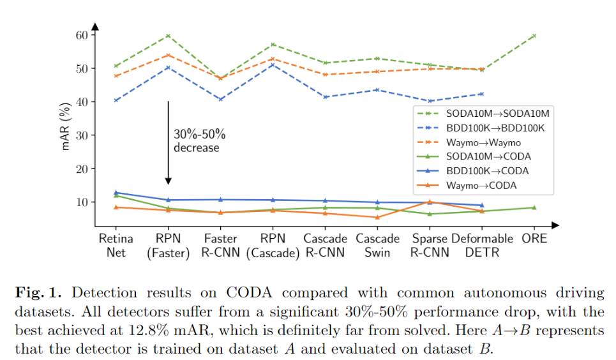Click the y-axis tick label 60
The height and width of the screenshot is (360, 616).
click(x=81, y=34)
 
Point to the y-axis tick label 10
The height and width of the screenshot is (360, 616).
click(x=81, y=202)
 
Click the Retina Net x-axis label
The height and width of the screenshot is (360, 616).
click(x=116, y=245)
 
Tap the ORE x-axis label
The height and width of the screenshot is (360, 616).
click(x=534, y=239)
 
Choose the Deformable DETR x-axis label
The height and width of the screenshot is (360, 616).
click(x=482, y=245)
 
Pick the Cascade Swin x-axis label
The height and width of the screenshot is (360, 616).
click(x=377, y=245)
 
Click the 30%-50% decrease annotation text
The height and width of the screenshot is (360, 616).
click(x=199, y=141)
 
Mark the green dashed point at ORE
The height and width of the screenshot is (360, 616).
click(x=534, y=36)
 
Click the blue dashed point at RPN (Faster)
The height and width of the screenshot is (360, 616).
click(x=168, y=67)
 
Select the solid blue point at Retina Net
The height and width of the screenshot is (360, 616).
click(x=116, y=192)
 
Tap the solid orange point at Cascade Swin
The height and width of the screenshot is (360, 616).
click(x=377, y=217)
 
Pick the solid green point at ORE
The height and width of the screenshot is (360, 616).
click(x=534, y=207)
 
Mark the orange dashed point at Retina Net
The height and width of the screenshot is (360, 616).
click(x=116, y=76)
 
